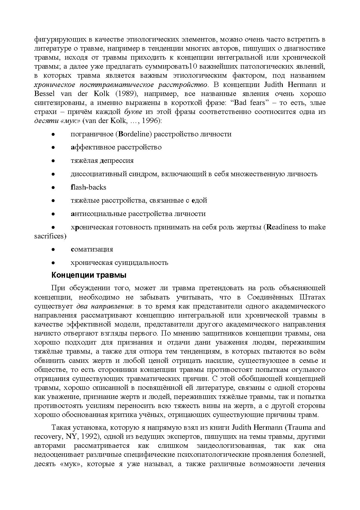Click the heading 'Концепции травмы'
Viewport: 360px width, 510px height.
click(89, 275)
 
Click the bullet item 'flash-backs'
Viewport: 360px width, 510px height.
click(88, 187)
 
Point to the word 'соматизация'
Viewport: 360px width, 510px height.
click(92, 249)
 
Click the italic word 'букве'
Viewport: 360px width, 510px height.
click(133, 112)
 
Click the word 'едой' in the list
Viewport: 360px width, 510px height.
click(199, 200)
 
